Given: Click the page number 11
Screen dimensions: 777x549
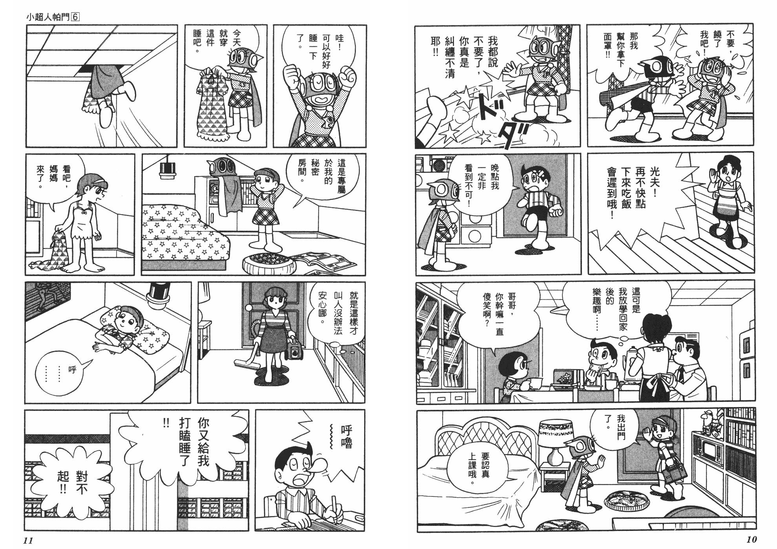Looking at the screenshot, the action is click(28, 540).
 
